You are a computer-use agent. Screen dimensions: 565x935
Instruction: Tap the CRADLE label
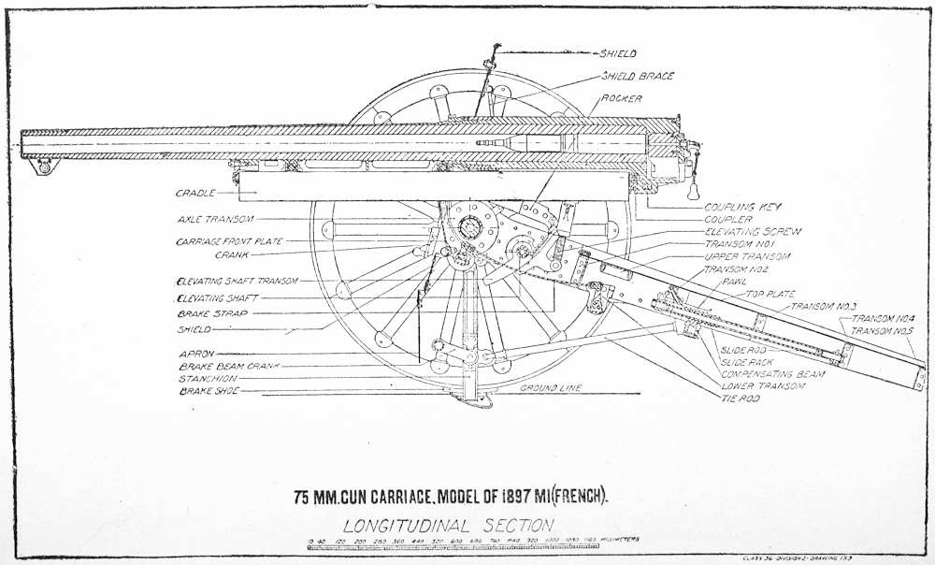pyautogui.click(x=194, y=194)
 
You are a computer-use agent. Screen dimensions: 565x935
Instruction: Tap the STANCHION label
pyautogui.click(x=208, y=379)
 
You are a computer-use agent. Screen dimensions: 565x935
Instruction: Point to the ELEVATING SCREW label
pyautogui.click(x=753, y=231)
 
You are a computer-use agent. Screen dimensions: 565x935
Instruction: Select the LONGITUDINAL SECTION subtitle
pyautogui.click(x=447, y=525)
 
